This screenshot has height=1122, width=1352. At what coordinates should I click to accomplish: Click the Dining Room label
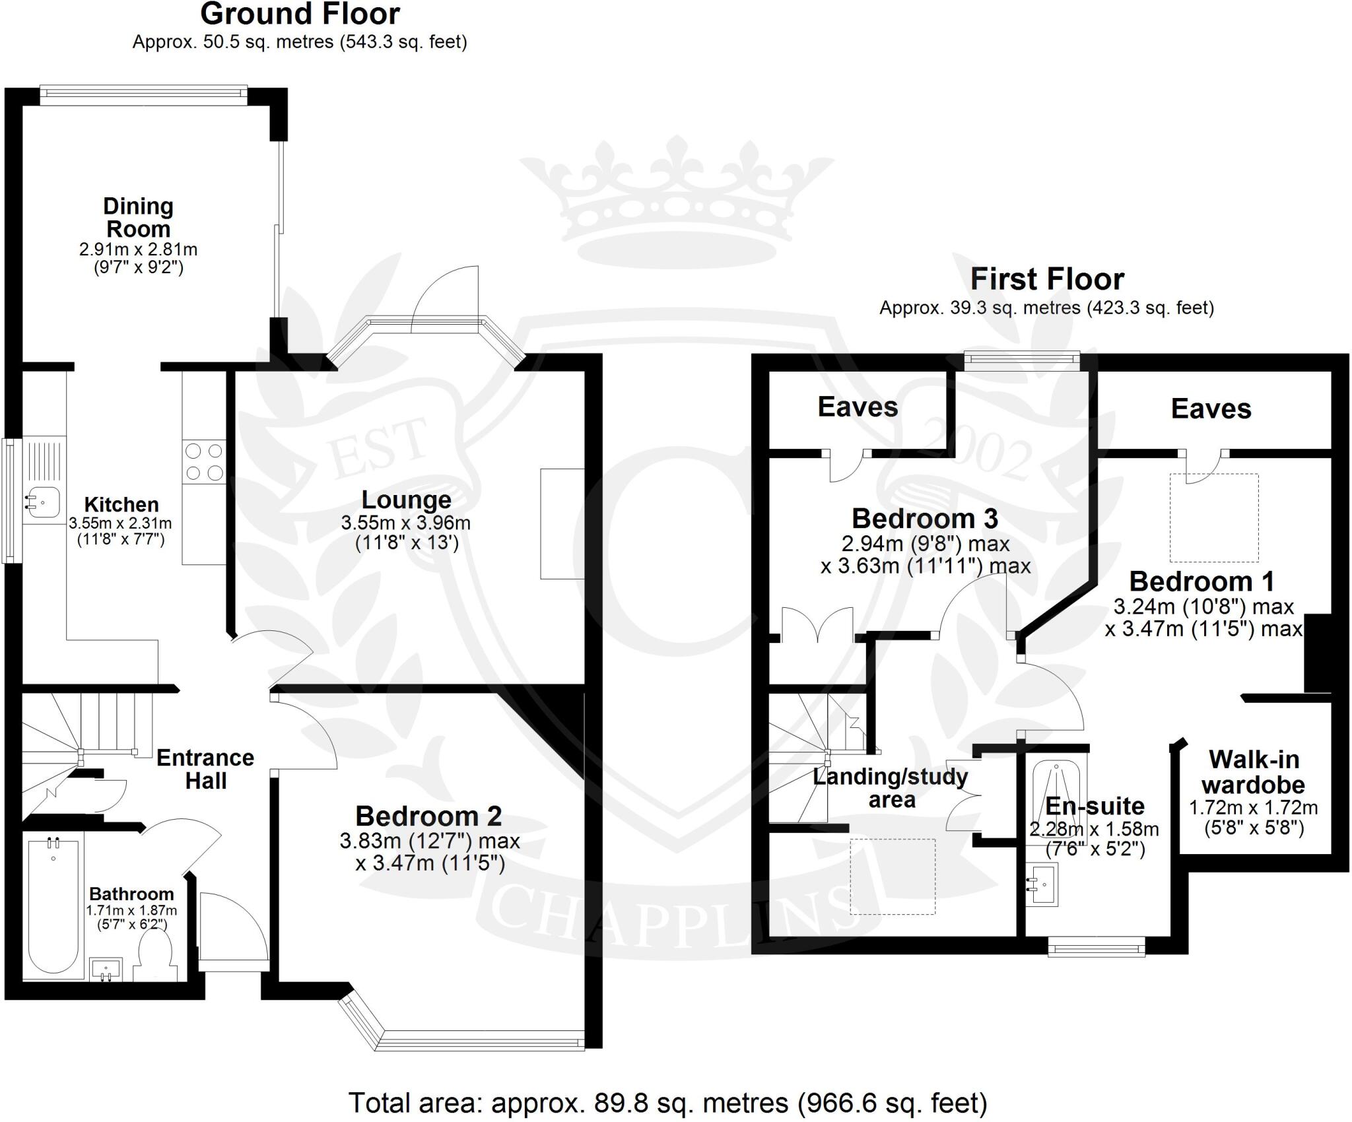pos(138,217)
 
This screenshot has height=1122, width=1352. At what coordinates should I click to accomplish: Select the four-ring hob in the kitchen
pos(204,462)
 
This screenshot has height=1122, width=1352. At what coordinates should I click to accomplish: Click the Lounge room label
pos(406,500)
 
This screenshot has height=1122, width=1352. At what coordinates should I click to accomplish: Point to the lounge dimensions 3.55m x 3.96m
pos(405,523)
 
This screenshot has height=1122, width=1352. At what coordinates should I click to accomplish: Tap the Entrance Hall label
pos(205,769)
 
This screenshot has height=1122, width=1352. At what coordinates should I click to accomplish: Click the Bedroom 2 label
pos(428,816)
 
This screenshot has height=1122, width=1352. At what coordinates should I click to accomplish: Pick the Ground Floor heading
pos(300,15)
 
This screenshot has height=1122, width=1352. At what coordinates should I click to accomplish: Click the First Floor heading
pos(1047,280)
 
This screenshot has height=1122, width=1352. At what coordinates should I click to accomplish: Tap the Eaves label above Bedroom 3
pos(858,407)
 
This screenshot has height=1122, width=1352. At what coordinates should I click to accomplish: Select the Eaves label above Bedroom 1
pos(1211,409)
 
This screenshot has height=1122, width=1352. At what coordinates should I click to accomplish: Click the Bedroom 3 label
pos(924,519)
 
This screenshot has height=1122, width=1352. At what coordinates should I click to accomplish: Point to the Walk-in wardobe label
pos(1253,772)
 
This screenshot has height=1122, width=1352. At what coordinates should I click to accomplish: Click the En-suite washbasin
pos(1042,884)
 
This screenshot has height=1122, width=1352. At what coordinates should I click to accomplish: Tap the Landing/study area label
pos(891,788)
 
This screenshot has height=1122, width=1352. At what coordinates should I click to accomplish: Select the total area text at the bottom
pos(667,1103)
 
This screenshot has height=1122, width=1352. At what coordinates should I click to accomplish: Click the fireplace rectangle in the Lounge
pos(562,523)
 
